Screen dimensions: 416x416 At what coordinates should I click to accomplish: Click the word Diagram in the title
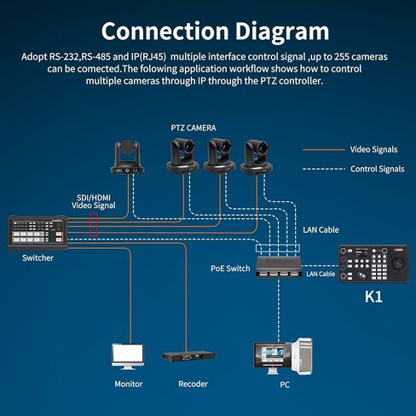pos(282,32)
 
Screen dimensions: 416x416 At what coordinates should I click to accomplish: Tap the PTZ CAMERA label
pos(194,128)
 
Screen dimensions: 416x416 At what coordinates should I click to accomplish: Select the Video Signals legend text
pos(373,149)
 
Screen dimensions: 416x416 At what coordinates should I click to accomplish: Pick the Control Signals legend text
pos(377,169)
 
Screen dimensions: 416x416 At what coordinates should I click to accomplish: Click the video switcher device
pos(38,233)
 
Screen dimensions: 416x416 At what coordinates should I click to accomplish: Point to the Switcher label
pos(38,258)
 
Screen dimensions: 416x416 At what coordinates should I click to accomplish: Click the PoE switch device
pos(278,266)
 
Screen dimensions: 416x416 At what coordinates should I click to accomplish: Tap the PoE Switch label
pos(230,269)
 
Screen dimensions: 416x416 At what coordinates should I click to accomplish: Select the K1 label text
pos(373,297)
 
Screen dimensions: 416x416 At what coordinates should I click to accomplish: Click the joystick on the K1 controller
pos(397,264)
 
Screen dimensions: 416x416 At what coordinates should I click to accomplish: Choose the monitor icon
pos(128,356)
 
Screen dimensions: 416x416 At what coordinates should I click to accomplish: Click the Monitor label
pos(129,384)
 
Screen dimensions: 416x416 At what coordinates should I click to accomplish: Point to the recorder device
pos(188,356)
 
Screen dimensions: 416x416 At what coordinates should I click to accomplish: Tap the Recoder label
pos(193,384)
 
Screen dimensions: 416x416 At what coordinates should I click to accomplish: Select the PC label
pos(285,384)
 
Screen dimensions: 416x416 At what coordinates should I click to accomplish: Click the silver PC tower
pos(302,356)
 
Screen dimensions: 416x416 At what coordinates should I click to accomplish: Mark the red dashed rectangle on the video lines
pos(94,224)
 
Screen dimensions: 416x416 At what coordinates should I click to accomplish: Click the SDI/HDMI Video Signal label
pos(94,202)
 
